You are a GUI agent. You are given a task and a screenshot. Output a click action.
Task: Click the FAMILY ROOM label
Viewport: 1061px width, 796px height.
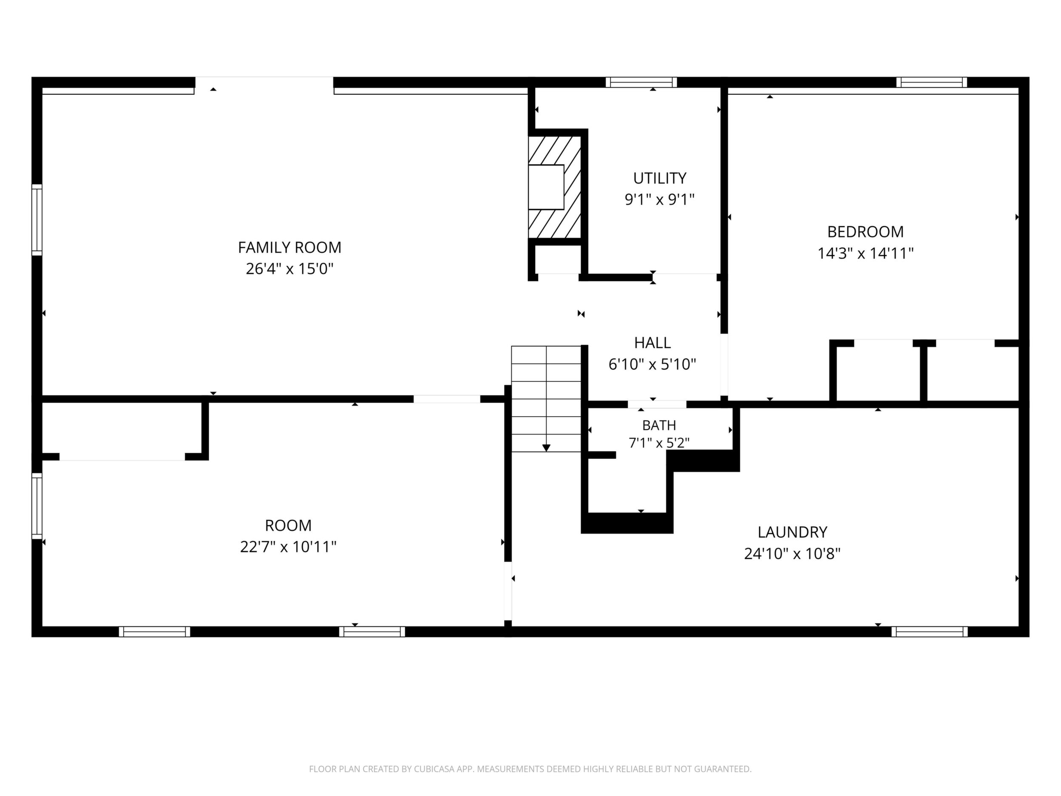point(290,247)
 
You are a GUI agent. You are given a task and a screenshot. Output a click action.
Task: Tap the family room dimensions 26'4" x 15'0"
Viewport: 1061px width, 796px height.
point(290,269)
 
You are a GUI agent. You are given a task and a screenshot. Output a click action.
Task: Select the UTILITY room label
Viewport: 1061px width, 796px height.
point(660,179)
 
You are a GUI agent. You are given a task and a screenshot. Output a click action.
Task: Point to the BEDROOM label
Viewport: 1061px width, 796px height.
point(865,232)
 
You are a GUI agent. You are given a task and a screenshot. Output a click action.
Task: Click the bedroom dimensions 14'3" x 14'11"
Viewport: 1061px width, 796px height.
point(865,253)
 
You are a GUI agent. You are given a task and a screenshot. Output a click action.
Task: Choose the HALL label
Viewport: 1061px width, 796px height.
point(652,343)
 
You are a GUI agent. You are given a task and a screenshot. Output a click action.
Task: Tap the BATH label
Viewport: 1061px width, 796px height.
point(659,426)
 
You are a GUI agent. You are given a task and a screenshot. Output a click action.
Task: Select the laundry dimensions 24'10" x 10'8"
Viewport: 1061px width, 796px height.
point(792,554)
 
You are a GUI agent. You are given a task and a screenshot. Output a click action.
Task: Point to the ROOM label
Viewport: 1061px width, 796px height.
point(288,526)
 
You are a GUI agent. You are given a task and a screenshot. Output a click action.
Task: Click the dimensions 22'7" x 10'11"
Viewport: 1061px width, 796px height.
point(288,547)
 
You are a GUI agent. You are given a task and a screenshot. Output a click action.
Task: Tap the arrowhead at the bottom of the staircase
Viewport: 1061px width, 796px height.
point(546,448)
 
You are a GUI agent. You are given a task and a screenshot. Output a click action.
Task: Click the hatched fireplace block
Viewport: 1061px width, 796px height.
point(555,187)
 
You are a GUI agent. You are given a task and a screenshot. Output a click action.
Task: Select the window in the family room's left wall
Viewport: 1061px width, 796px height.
point(37,220)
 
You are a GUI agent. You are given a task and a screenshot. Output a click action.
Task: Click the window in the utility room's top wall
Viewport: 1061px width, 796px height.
point(641,82)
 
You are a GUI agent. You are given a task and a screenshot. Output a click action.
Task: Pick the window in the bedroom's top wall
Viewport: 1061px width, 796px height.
point(931,82)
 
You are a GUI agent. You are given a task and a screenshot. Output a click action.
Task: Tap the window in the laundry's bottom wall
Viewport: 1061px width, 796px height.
point(930,632)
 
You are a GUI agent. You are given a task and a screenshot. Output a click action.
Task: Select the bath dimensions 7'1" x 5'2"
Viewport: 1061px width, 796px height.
point(659,443)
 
